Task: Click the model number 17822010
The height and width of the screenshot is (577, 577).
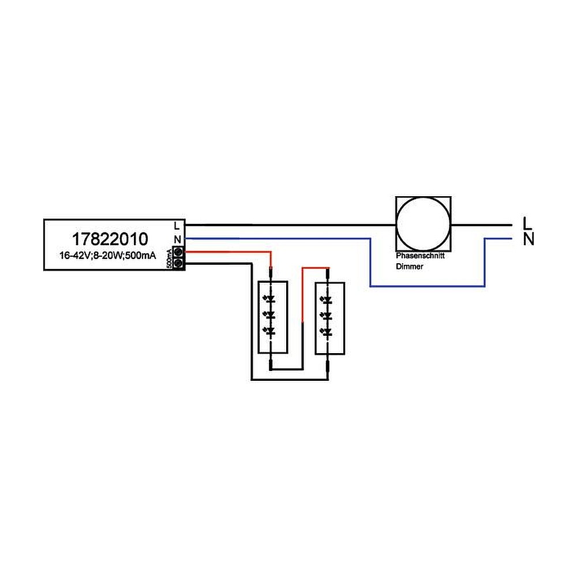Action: (110, 238)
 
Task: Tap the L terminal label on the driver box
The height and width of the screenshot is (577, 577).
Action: (178, 226)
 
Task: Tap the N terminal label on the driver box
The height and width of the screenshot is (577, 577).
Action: (178, 239)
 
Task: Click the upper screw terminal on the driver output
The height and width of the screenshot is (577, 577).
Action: (178, 252)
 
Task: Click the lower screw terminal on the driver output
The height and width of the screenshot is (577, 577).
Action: (178, 264)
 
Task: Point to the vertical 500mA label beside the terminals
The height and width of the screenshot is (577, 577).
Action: (169, 258)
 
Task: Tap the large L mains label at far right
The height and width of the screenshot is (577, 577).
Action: (526, 222)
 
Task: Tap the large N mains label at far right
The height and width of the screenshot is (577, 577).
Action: (527, 239)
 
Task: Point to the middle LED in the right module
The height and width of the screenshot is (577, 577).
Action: (328, 316)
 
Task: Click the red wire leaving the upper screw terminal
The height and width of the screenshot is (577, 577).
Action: (231, 252)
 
